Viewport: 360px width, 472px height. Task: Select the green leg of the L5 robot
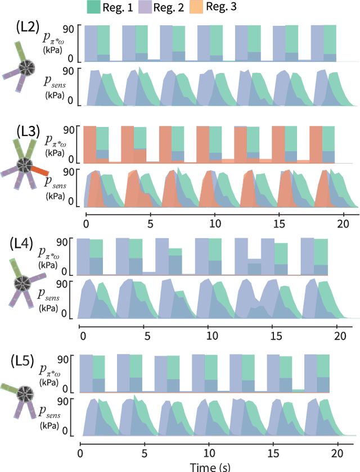click(11, 388)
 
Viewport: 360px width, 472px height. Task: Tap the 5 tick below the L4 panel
click(146, 335)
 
